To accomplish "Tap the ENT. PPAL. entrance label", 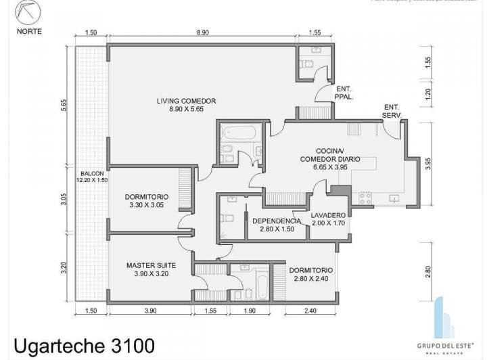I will pyautogui.click(x=344, y=93).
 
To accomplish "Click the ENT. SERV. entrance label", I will pyautogui.click(x=392, y=111).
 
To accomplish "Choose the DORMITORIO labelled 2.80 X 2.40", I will pyautogui.click(x=311, y=274).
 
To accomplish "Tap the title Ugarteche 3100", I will pyautogui.click(x=85, y=345).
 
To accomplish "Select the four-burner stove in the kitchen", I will pyautogui.click(x=365, y=198).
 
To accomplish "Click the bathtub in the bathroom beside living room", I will pyautogui.click(x=240, y=132).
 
